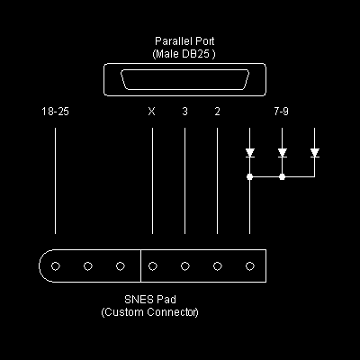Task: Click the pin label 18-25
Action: [x=55, y=112]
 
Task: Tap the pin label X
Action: [x=152, y=112]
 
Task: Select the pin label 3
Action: [x=184, y=112]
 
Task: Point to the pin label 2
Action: [x=217, y=112]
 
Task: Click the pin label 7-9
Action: [x=281, y=112]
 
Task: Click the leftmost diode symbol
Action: [x=249, y=153]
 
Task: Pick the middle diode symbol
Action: [x=282, y=153]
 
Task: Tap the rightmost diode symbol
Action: [x=314, y=153]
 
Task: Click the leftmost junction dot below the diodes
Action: [x=249, y=176]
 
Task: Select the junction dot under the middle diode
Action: [x=282, y=176]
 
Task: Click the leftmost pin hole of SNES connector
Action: [x=56, y=266]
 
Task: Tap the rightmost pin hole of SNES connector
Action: [x=250, y=266]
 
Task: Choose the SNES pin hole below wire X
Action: [x=153, y=266]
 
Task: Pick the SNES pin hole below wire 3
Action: [x=185, y=266]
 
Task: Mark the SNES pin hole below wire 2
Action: [x=218, y=266]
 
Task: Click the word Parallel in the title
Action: [x=172, y=41]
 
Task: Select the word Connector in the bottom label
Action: [x=173, y=312]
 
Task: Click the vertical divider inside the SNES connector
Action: [x=140, y=265]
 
